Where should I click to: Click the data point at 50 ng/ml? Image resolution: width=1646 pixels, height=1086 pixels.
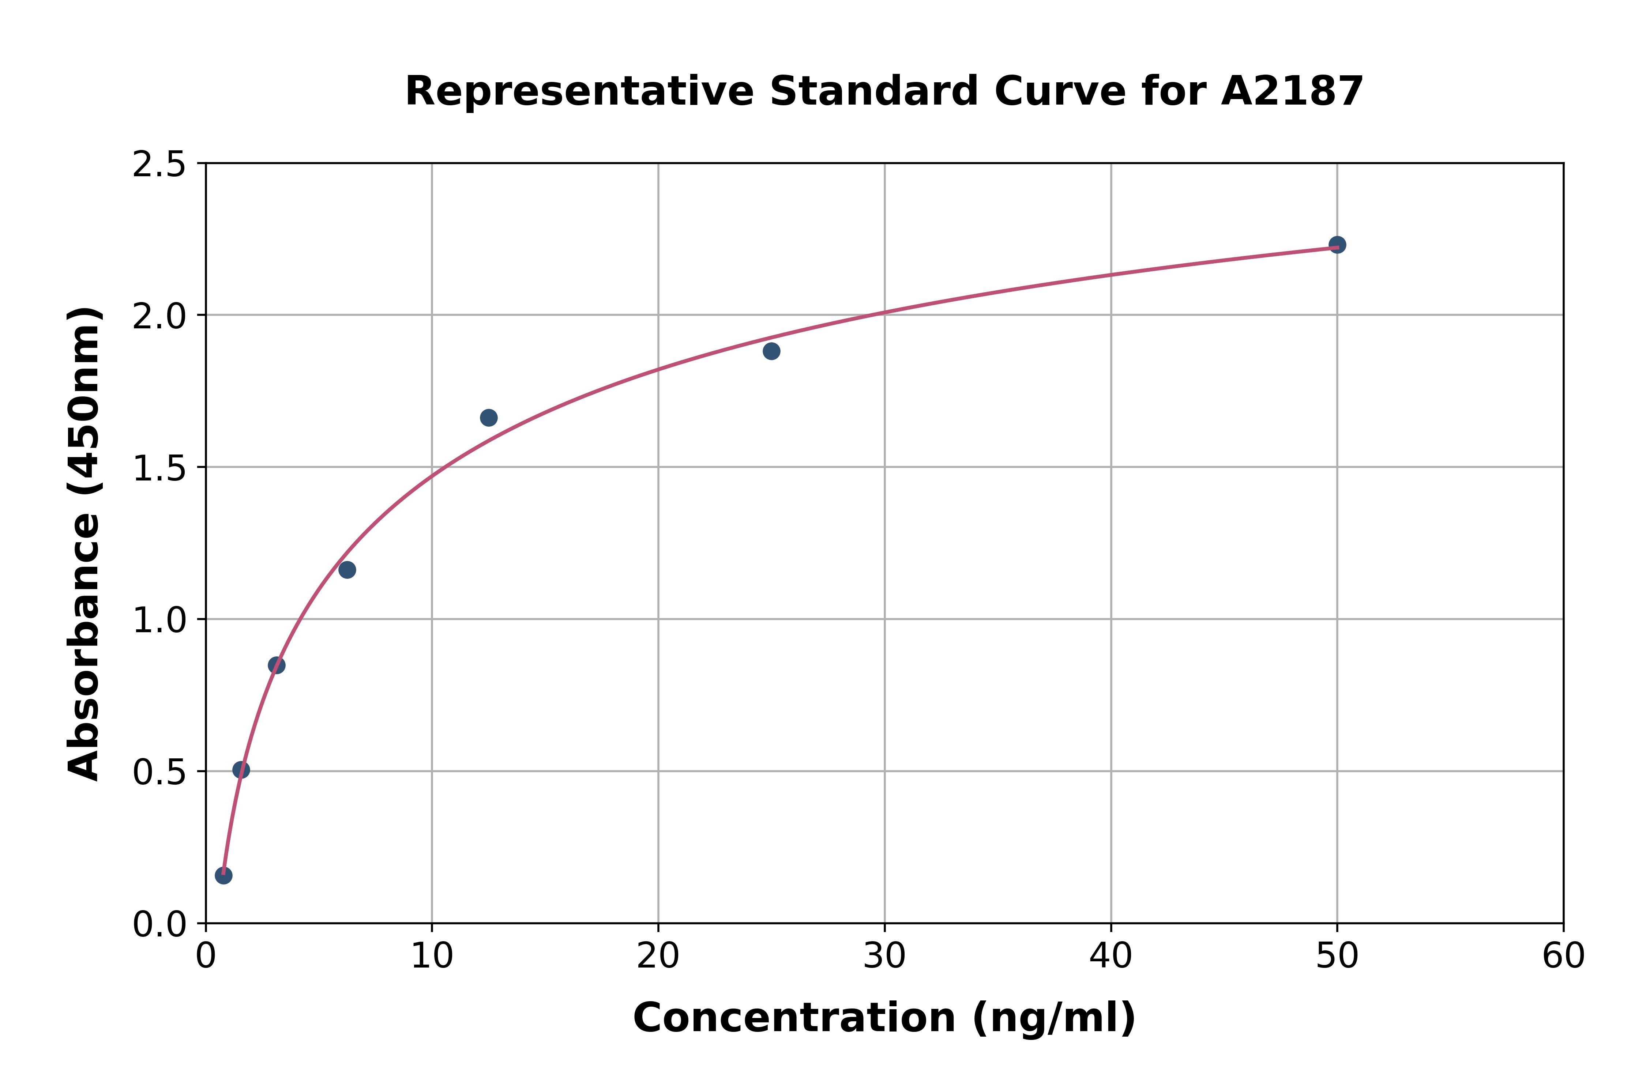[1337, 245]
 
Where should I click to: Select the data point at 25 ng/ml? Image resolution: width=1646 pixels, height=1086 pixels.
[771, 351]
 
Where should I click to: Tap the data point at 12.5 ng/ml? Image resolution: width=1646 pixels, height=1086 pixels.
[488, 418]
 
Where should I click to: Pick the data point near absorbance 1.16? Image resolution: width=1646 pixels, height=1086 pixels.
[347, 570]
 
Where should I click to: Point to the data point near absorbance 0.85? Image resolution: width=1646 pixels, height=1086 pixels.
[277, 665]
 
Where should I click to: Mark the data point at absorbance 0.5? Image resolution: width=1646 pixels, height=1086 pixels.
[241, 770]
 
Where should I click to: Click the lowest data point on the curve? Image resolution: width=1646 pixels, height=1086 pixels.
[224, 875]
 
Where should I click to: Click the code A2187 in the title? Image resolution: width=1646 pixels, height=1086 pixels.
[1292, 91]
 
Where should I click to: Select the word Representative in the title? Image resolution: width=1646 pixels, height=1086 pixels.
[579, 91]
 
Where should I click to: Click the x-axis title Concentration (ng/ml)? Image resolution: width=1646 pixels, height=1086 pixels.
[884, 1018]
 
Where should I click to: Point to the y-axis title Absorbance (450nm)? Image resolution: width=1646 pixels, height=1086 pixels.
[84, 544]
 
